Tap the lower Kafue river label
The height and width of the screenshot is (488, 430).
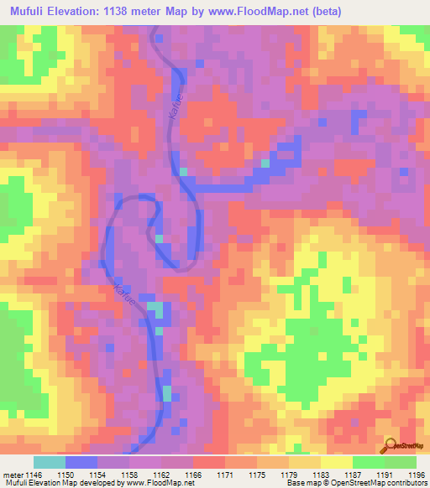tap(123, 297)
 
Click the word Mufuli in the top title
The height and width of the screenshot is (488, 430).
tap(33, 10)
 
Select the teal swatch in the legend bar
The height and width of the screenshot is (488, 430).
tap(50, 462)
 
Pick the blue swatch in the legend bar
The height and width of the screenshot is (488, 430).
tap(81, 462)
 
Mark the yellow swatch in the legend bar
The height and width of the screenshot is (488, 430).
tap(336, 462)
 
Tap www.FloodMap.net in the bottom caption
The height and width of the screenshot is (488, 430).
tap(159, 484)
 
